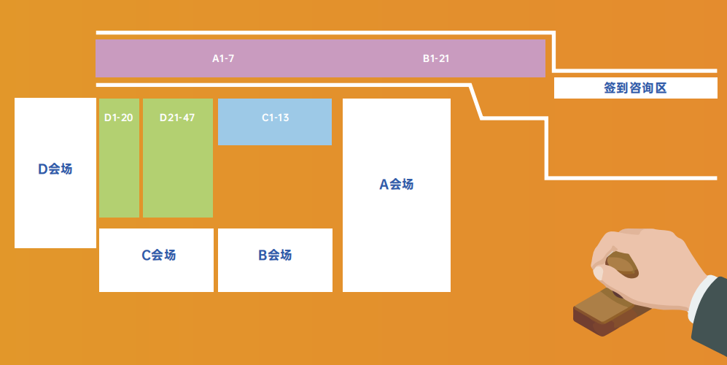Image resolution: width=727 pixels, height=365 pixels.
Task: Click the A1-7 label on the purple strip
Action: tap(223, 59)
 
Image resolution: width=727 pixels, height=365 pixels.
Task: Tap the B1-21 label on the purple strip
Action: tap(436, 59)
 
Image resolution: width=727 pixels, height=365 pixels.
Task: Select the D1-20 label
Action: tap(119, 118)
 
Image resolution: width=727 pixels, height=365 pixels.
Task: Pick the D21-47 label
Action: tap(177, 118)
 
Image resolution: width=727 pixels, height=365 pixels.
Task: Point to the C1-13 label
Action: tap(276, 118)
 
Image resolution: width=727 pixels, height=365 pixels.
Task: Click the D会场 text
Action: tap(55, 169)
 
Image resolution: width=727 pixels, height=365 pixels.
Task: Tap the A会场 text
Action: tap(397, 185)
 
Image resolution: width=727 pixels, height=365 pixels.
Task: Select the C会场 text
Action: tap(158, 255)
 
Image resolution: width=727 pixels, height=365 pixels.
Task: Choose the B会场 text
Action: tap(276, 255)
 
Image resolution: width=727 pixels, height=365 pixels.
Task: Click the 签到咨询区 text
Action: tap(635, 88)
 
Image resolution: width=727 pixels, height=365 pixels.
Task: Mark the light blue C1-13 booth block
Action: tap(275, 122)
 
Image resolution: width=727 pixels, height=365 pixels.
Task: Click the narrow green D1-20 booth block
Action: tap(119, 158)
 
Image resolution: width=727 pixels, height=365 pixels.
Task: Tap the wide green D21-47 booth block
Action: tap(178, 158)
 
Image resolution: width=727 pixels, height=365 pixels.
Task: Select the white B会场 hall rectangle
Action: tap(276, 260)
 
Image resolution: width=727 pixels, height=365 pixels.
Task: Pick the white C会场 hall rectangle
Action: tap(156, 260)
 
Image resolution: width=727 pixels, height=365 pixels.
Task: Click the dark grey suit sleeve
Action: tap(710, 320)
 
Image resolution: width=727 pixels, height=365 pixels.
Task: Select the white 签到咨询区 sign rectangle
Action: tap(636, 88)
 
